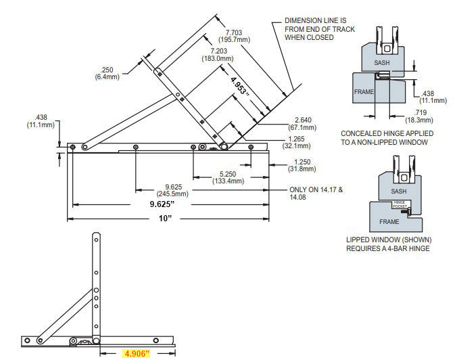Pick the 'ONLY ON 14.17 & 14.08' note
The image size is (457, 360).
(x=316, y=194)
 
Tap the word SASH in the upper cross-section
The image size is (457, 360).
(x=382, y=62)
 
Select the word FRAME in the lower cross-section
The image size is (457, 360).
(x=389, y=221)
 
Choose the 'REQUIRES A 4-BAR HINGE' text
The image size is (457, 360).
(x=389, y=248)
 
